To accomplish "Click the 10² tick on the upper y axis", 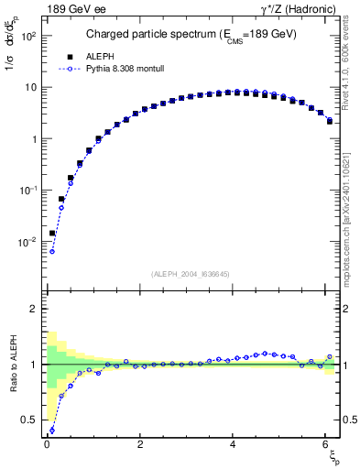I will coord(29,36).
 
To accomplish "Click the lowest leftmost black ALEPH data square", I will coord(52,234).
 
